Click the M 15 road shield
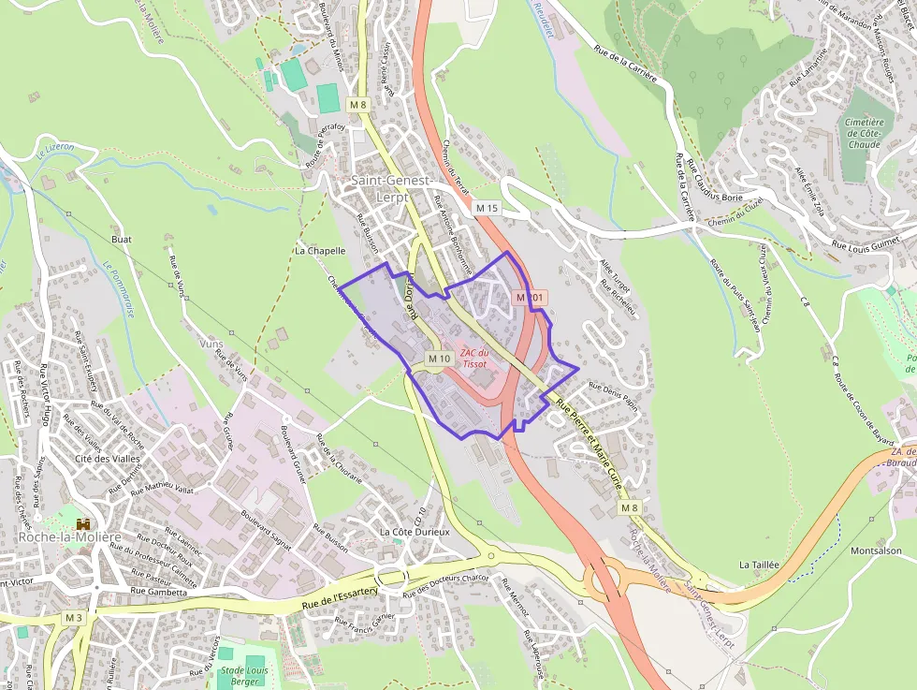tap(488, 207)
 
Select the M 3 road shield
tap(75, 618)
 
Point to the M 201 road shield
tap(530, 297)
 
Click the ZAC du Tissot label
tap(474, 358)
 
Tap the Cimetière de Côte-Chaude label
tap(864, 134)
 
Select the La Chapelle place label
tap(320, 251)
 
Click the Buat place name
tap(122, 240)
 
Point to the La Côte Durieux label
tap(415, 532)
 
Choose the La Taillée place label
tap(759, 565)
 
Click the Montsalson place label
tap(876, 551)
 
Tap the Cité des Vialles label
tap(109, 459)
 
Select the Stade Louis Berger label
tap(243, 676)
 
